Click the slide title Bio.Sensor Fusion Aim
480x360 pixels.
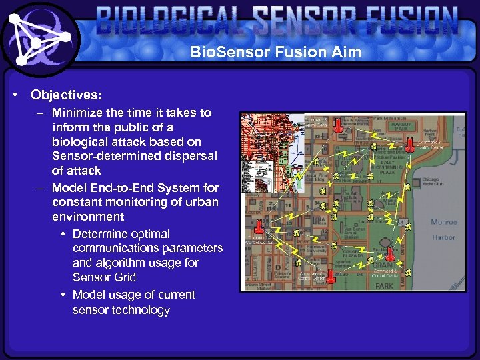click(275, 51)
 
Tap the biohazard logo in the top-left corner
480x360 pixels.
click(41, 39)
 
